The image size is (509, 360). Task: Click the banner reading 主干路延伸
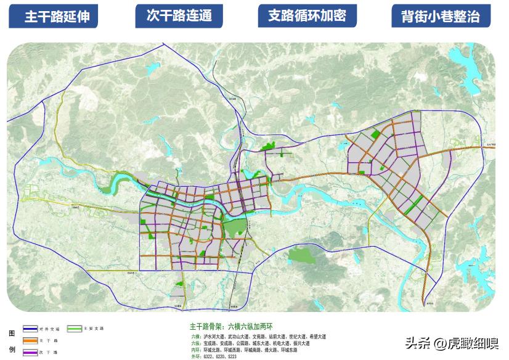[x=57, y=17]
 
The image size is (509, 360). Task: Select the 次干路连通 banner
[x=179, y=16]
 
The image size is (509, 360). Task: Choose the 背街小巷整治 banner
[x=441, y=17]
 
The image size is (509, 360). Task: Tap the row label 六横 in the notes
[x=195, y=337]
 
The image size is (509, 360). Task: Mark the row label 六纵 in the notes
[x=195, y=343]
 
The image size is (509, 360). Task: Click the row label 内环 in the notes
[x=195, y=350]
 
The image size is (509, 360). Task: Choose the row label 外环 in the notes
[x=195, y=357]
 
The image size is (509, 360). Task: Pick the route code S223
[x=232, y=357]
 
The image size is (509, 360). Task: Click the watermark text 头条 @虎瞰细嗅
[x=452, y=343]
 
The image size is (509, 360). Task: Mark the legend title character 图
[x=12, y=333]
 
